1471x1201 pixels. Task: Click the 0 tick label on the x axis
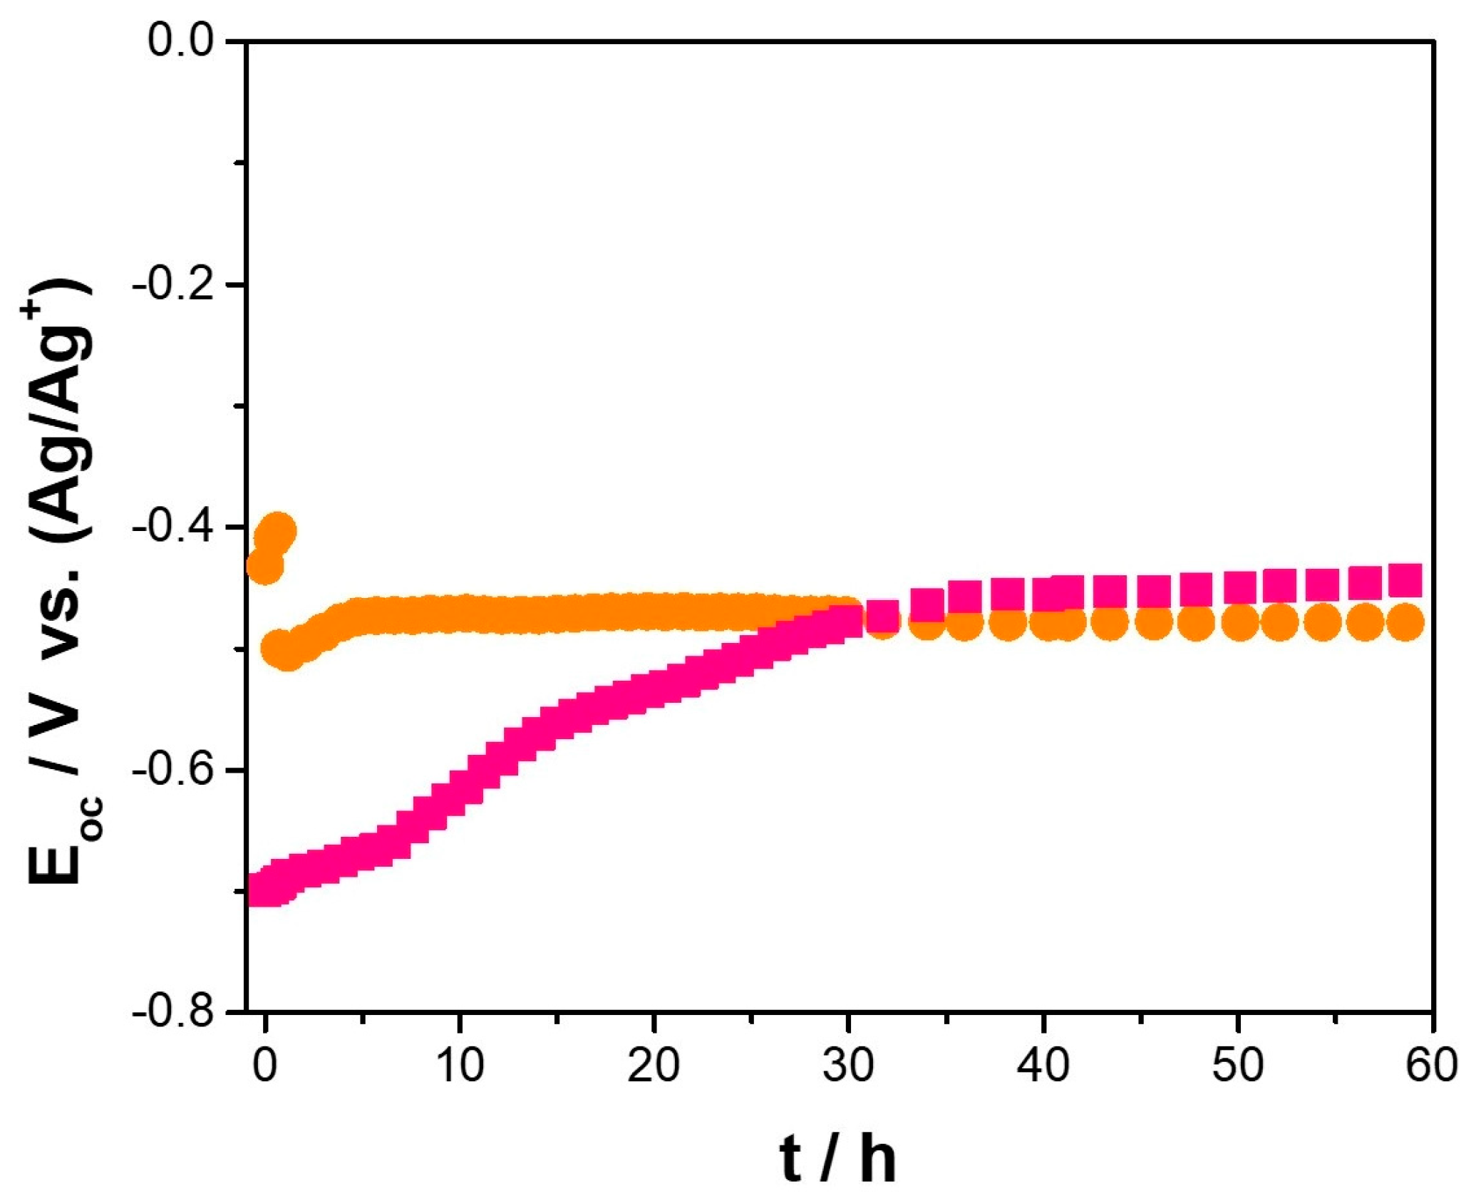[265, 1066]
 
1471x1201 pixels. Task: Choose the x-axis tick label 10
[460, 1066]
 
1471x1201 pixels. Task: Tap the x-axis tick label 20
[654, 1066]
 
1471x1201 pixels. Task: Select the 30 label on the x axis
[848, 1066]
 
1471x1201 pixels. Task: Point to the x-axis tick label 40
[1043, 1066]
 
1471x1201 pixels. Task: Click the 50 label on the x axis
[1238, 1066]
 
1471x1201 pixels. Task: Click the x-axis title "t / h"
[837, 1160]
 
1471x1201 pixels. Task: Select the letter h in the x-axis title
[877, 1160]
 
